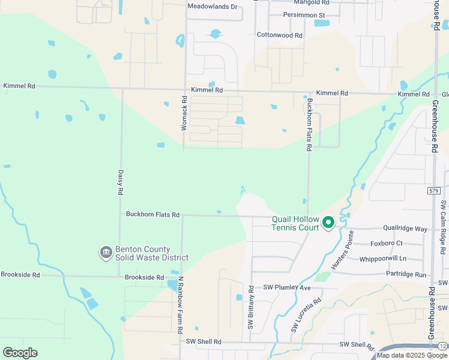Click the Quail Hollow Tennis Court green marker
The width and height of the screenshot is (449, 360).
click(x=328, y=223)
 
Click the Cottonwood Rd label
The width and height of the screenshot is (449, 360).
click(x=280, y=35)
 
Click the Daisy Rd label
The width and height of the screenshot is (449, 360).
click(x=121, y=182)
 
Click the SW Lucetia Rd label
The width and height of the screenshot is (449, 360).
click(x=306, y=316)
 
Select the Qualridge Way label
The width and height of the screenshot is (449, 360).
click(x=406, y=229)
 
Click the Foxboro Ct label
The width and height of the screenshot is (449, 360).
click(x=387, y=243)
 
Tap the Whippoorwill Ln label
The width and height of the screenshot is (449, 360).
click(x=382, y=259)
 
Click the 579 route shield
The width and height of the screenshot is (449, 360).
click(x=435, y=190)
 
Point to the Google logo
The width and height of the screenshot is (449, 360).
click(x=20, y=353)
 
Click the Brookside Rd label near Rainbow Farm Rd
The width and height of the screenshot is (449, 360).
click(x=144, y=278)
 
